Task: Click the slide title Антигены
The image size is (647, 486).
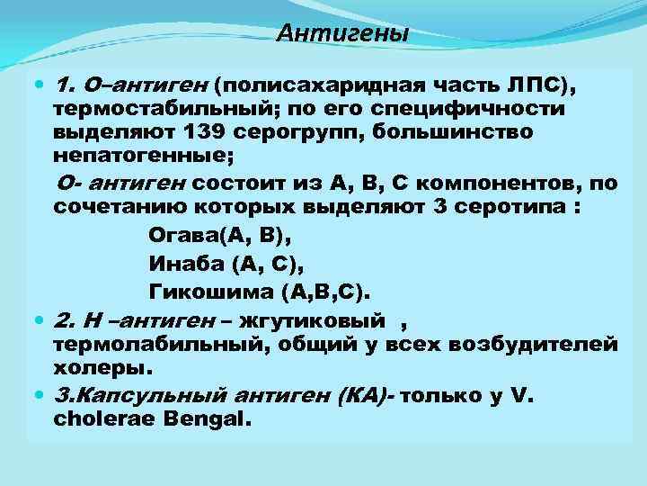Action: [x=341, y=34]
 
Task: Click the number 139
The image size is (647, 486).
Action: [x=210, y=132]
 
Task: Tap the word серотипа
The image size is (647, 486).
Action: [x=511, y=206]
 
